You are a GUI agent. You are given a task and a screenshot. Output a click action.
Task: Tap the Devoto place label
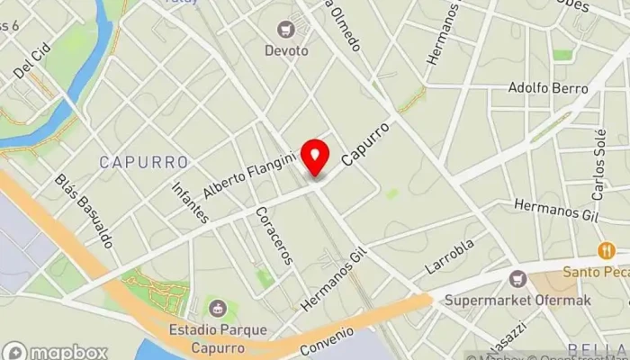(287, 50)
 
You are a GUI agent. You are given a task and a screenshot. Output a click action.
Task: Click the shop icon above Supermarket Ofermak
(517, 278)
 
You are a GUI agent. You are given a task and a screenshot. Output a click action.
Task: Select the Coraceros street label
(274, 236)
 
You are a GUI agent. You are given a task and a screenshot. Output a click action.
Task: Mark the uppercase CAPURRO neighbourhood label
(144, 163)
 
